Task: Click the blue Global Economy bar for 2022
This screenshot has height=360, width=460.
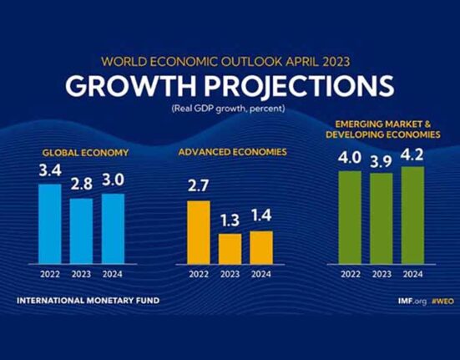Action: [50, 224]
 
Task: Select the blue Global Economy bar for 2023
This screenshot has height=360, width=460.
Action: [82, 231]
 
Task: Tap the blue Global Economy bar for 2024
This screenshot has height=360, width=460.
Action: [113, 229]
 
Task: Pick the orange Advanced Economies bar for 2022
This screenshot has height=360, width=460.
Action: [199, 232]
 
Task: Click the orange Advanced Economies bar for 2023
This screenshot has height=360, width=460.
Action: [230, 249]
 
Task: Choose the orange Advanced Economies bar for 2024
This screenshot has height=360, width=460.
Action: [261, 247]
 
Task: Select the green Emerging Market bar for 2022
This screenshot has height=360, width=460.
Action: [350, 217]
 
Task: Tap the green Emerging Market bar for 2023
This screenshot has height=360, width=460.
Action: [382, 219]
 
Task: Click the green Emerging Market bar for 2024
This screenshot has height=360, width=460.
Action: [412, 215]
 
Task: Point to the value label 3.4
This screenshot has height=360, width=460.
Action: [50, 170]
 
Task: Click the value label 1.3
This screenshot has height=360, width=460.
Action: [230, 220]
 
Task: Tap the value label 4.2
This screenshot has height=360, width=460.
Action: [412, 155]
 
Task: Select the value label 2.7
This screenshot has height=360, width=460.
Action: [199, 185]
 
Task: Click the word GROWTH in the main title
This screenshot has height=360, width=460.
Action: [130, 86]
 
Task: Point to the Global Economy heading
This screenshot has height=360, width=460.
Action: [85, 153]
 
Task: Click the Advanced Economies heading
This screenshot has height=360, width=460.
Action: [232, 152]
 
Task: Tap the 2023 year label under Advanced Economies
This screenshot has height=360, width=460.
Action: [230, 274]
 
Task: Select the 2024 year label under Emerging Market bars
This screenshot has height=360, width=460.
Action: [412, 274]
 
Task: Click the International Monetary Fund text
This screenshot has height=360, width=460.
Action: [88, 301]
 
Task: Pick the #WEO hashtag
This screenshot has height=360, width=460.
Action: [443, 301]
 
